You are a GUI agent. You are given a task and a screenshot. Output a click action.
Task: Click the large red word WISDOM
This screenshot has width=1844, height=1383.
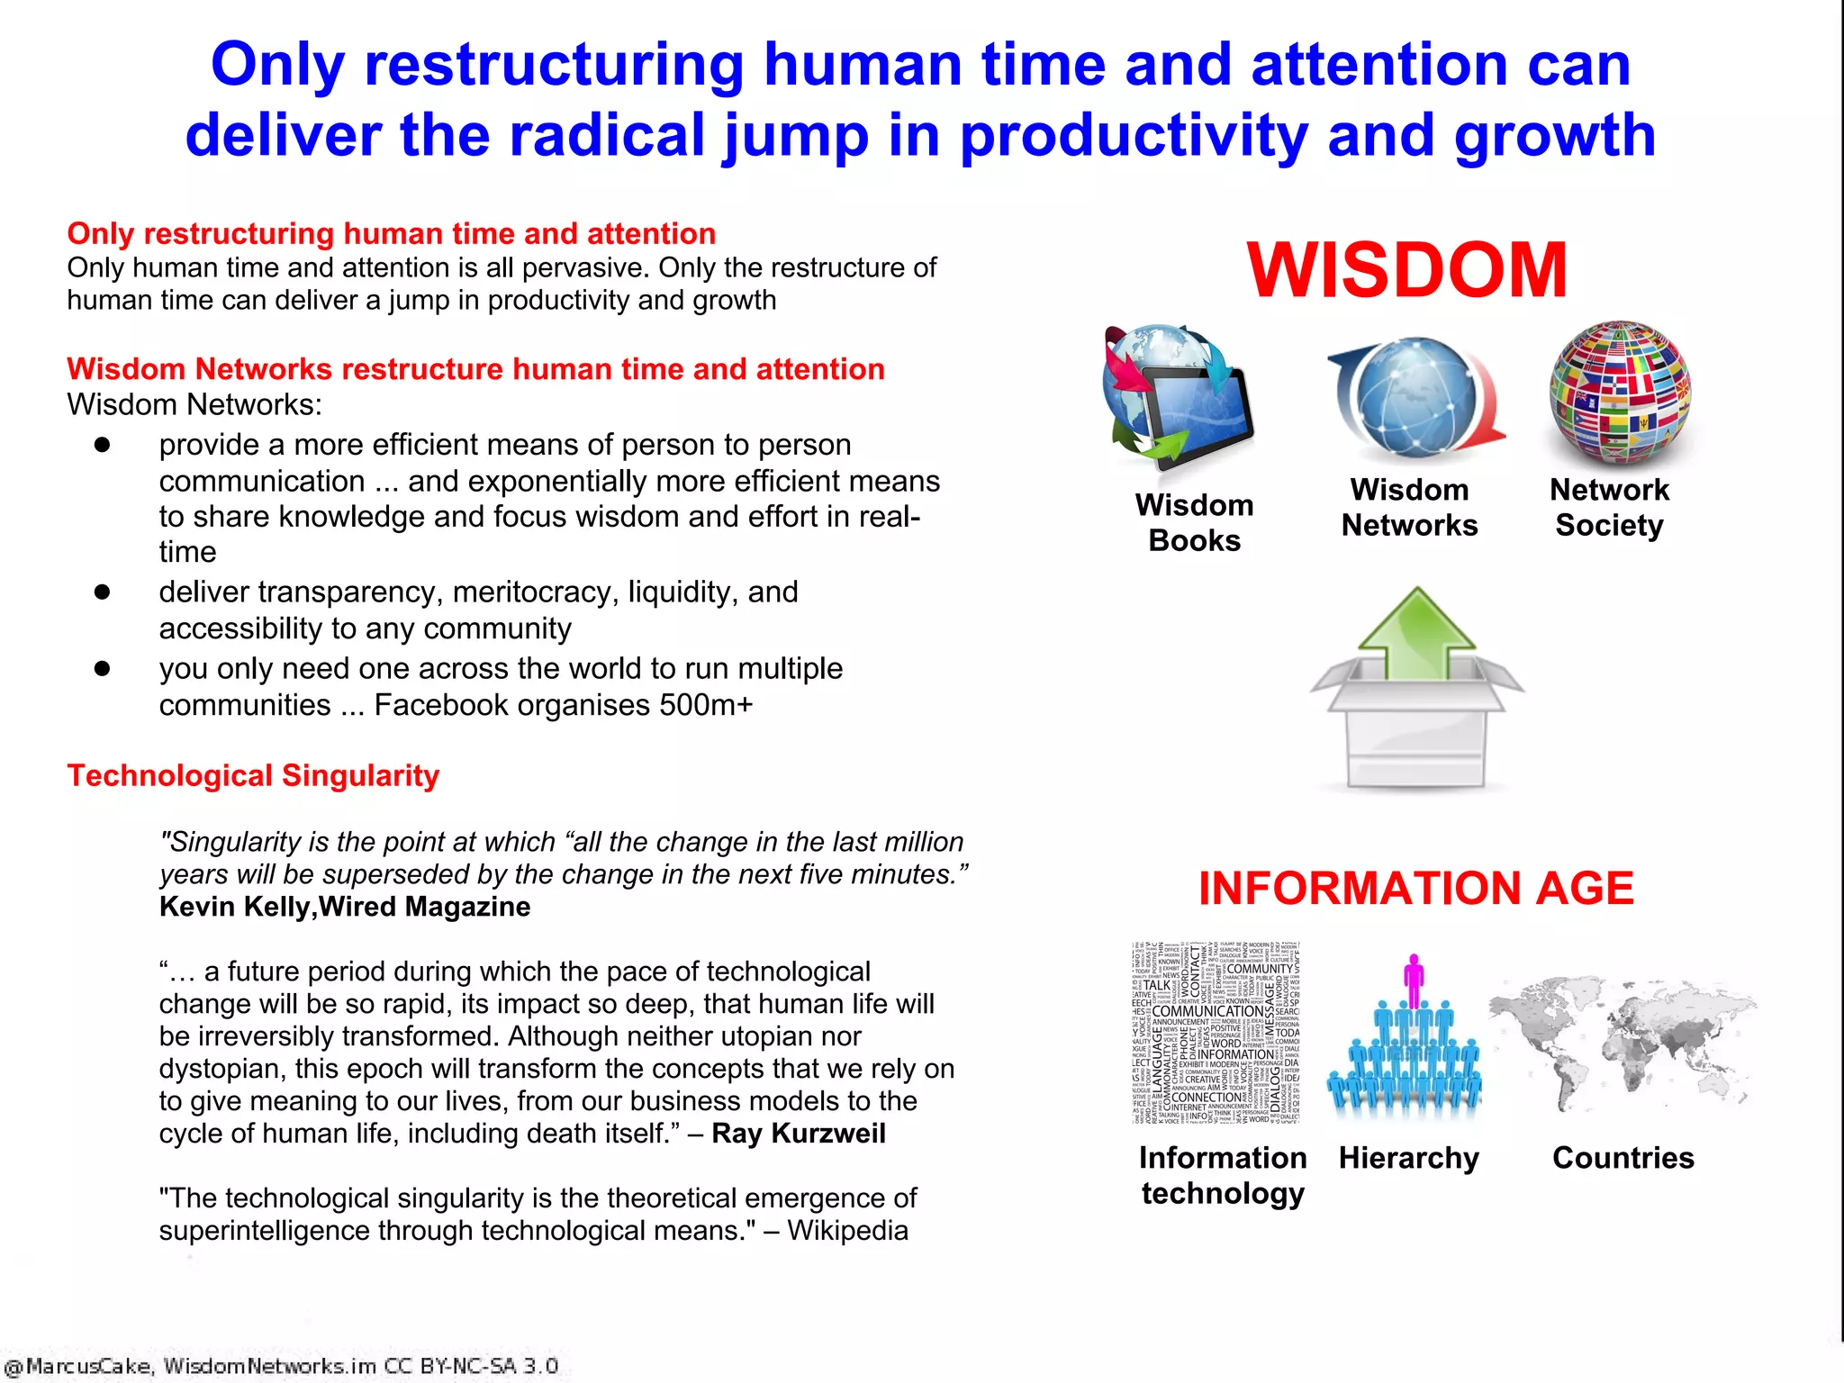pyautogui.click(x=1407, y=270)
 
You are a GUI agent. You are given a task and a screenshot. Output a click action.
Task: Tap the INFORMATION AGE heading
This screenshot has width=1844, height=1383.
pyautogui.click(x=1415, y=889)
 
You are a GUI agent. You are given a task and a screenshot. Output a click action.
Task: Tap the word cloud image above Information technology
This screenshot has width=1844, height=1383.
pyautogui.click(x=1216, y=1033)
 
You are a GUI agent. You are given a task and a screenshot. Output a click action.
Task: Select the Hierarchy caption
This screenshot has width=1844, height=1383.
pyautogui.click(x=1409, y=1158)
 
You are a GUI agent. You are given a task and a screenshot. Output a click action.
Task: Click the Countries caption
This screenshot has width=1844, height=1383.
pyautogui.click(x=1623, y=1158)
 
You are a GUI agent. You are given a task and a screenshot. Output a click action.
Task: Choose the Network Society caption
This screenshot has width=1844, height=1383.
pyautogui.click(x=1609, y=508)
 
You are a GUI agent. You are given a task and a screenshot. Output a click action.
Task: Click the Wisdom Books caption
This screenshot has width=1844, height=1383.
pyautogui.click(x=1194, y=523)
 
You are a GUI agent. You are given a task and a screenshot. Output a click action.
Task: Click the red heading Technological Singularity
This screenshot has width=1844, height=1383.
pyautogui.click(x=253, y=776)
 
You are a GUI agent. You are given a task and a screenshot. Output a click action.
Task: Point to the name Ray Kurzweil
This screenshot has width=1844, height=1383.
pyautogui.click(x=799, y=1134)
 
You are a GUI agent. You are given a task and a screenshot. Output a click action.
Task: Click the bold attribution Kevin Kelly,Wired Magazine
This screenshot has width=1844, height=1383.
pyautogui.click(x=345, y=907)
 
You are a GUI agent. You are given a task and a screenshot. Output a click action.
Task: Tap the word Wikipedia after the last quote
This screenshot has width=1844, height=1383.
pyautogui.click(x=847, y=1231)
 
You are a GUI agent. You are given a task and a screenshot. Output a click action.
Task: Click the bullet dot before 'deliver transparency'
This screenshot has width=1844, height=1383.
pyautogui.click(x=102, y=592)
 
